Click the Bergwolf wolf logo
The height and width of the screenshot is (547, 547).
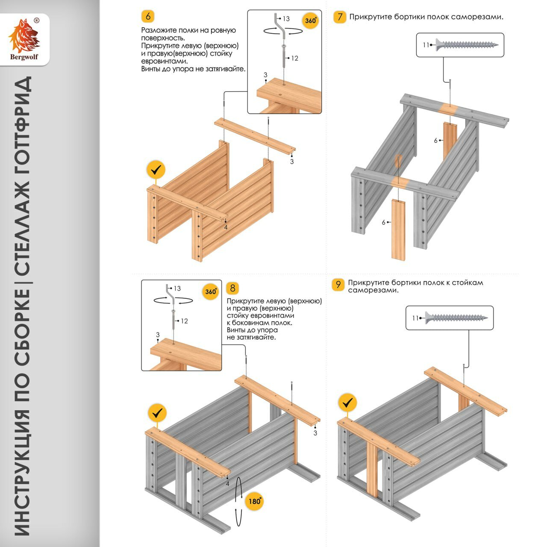[24, 37]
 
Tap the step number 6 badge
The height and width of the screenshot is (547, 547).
[148, 16]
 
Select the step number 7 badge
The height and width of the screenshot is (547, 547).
[340, 17]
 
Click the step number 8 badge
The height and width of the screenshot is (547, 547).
[232, 288]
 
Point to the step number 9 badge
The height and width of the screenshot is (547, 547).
[338, 284]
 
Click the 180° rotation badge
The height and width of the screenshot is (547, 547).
[255, 501]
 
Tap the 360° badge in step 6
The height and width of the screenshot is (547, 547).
[311, 21]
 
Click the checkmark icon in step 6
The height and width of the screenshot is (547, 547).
[156, 170]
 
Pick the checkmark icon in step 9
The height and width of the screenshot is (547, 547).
[348, 402]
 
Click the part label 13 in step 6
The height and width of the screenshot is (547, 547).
[286, 19]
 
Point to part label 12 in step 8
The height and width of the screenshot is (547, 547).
[184, 321]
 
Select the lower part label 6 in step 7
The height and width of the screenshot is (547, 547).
[384, 222]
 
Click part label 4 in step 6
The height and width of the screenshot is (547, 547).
[226, 227]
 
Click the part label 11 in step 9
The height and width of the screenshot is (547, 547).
[415, 318]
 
